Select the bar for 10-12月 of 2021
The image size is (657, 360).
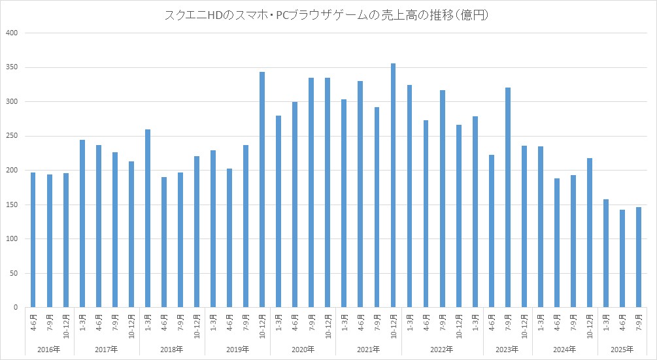click(x=393, y=186)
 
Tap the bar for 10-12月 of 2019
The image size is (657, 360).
click(x=262, y=189)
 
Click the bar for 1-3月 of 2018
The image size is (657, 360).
click(x=148, y=218)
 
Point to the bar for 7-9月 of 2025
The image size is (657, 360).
click(x=638, y=257)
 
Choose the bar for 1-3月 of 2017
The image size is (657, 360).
click(x=82, y=223)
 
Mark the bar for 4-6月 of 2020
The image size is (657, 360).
click(x=295, y=205)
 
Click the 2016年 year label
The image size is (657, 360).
click(x=50, y=349)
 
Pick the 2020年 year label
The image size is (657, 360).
click(x=303, y=349)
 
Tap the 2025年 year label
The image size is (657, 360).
click(x=622, y=349)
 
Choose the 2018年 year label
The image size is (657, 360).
click(x=172, y=349)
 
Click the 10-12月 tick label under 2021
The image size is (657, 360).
click(x=393, y=324)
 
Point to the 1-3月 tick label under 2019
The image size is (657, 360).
click(x=213, y=324)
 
